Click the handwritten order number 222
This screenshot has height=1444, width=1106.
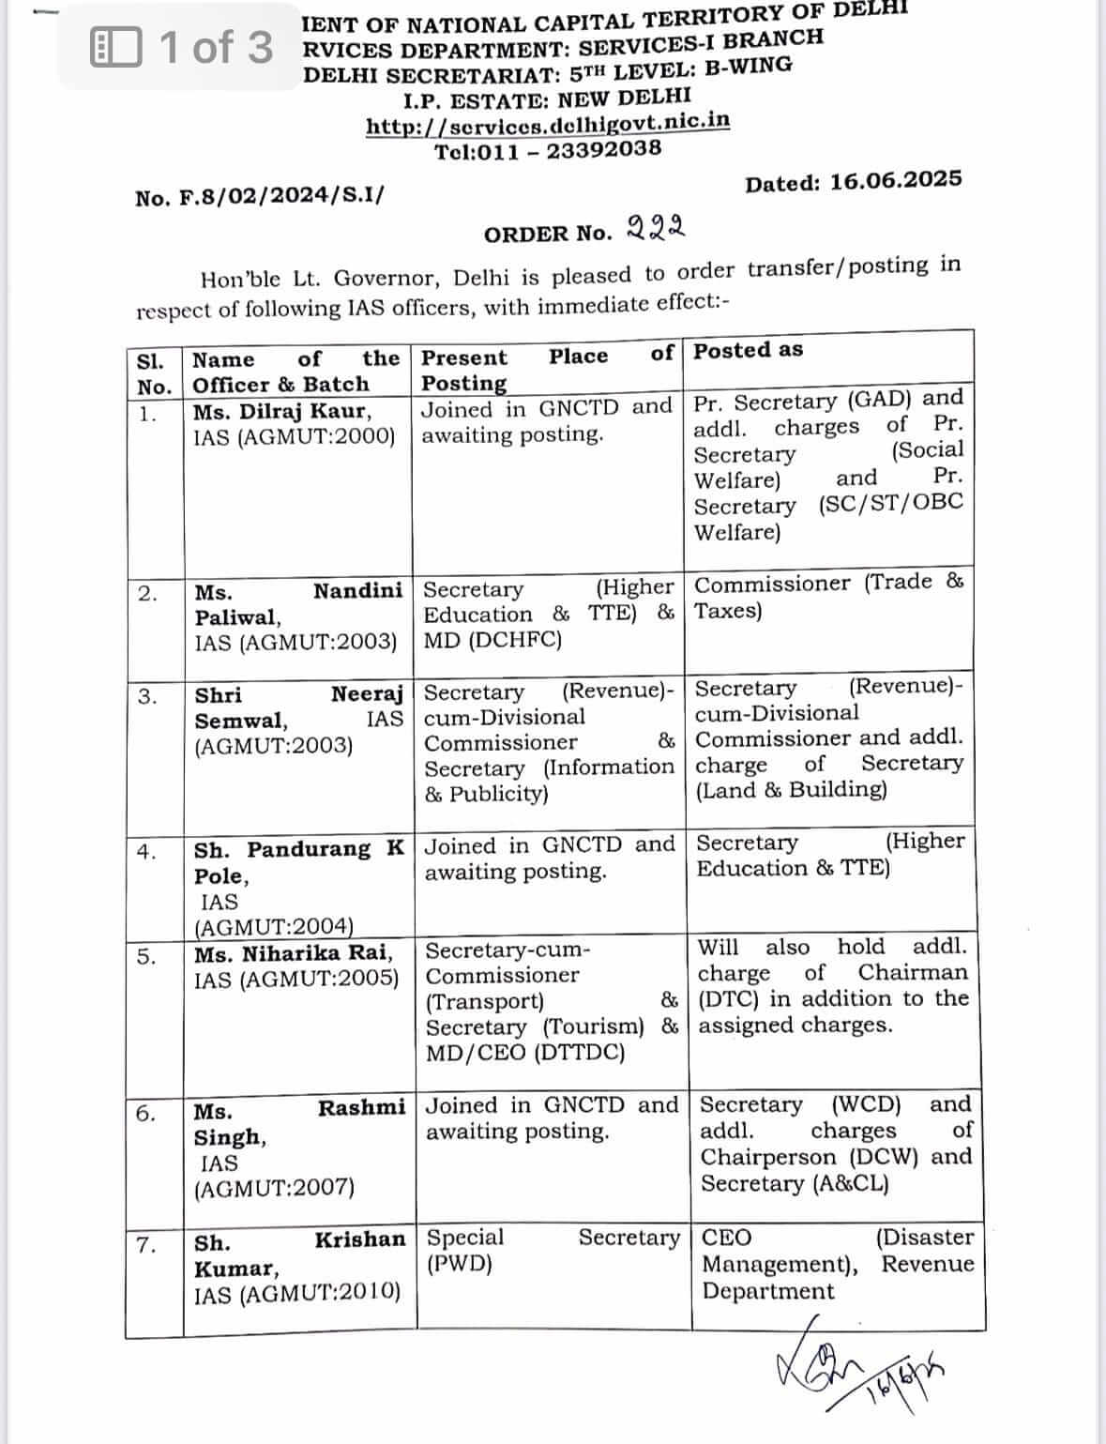click(655, 227)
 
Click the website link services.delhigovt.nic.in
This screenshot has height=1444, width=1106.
click(548, 124)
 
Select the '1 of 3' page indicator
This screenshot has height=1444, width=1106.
click(182, 47)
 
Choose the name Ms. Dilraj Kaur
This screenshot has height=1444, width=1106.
click(281, 411)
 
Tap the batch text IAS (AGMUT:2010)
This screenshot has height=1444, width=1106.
click(296, 1294)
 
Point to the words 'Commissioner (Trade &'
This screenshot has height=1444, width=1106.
click(828, 583)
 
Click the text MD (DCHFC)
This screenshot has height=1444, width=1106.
click(492, 640)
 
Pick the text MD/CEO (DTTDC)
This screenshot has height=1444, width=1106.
click(525, 1052)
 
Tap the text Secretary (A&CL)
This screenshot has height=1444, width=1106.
click(794, 1183)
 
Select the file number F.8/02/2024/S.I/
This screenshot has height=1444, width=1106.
click(259, 197)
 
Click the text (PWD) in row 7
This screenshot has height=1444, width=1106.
click(460, 1263)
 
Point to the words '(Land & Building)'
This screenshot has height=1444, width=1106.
click(791, 789)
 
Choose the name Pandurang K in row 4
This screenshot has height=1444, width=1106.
click(326, 849)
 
